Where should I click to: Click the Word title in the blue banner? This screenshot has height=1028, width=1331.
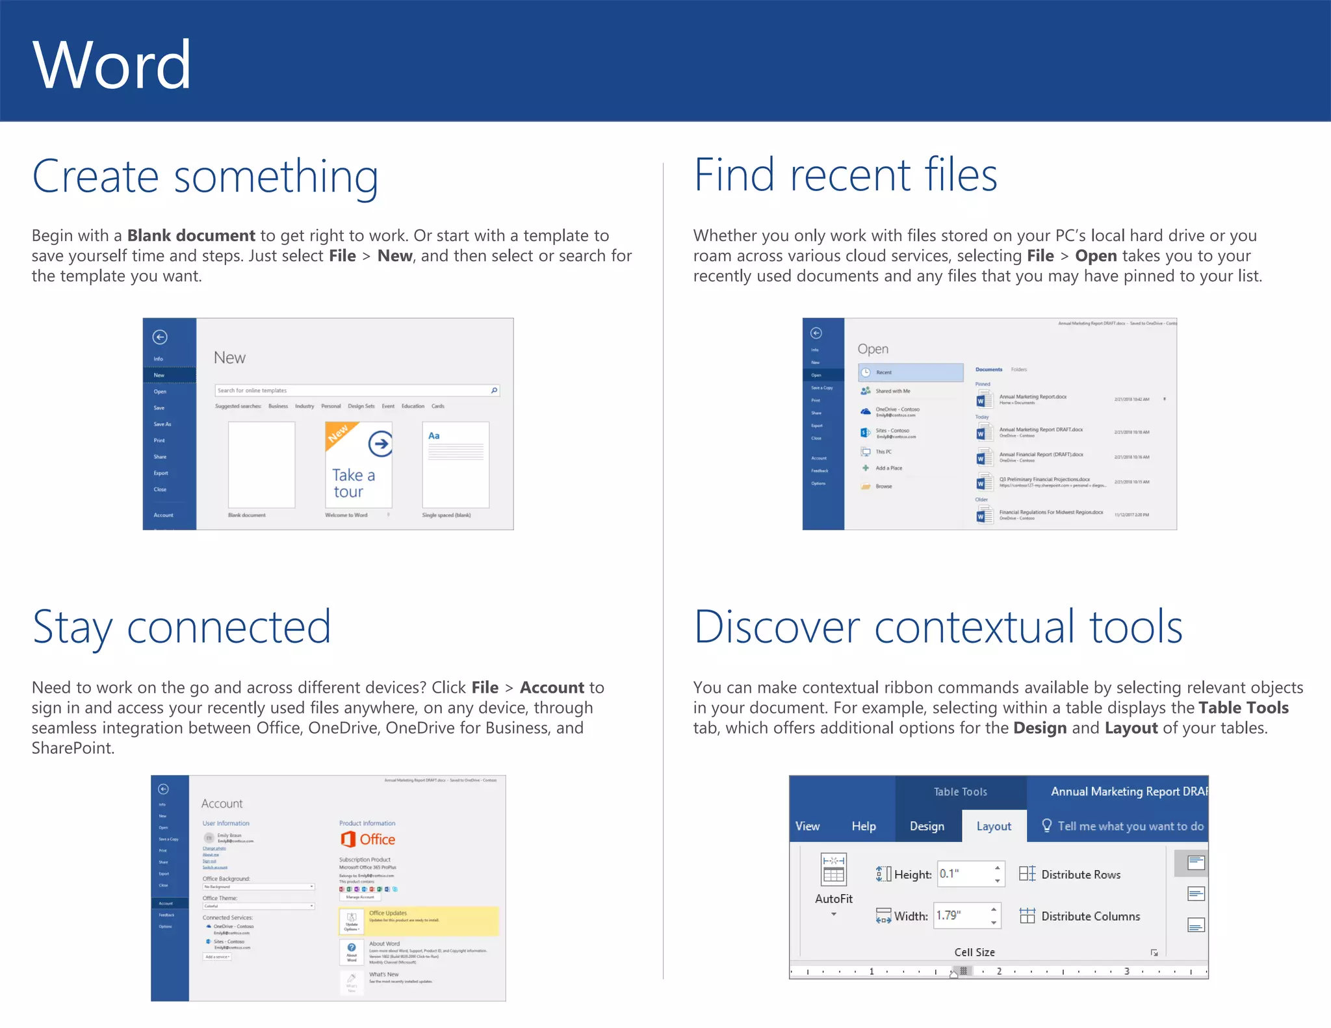point(112,64)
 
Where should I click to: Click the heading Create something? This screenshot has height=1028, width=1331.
point(205,177)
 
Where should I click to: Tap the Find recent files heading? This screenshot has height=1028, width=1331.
point(845,175)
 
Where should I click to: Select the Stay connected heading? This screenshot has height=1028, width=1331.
point(181,628)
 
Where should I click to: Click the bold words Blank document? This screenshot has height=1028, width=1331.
point(191,235)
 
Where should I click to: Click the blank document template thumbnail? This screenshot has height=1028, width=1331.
point(261,465)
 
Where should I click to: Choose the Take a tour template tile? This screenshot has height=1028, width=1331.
point(358,465)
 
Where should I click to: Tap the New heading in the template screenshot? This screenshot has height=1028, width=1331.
point(229,358)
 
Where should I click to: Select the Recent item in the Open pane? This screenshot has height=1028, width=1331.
point(910,372)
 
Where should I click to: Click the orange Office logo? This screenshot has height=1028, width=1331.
point(349,839)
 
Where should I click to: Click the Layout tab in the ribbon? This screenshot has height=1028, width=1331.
point(994,826)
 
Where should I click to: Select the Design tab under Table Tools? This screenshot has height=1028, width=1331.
point(927,826)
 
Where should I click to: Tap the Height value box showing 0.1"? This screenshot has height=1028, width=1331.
point(964,874)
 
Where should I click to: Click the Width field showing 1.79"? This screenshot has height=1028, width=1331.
point(961,916)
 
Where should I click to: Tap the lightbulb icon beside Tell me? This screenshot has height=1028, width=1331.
point(1046,825)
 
